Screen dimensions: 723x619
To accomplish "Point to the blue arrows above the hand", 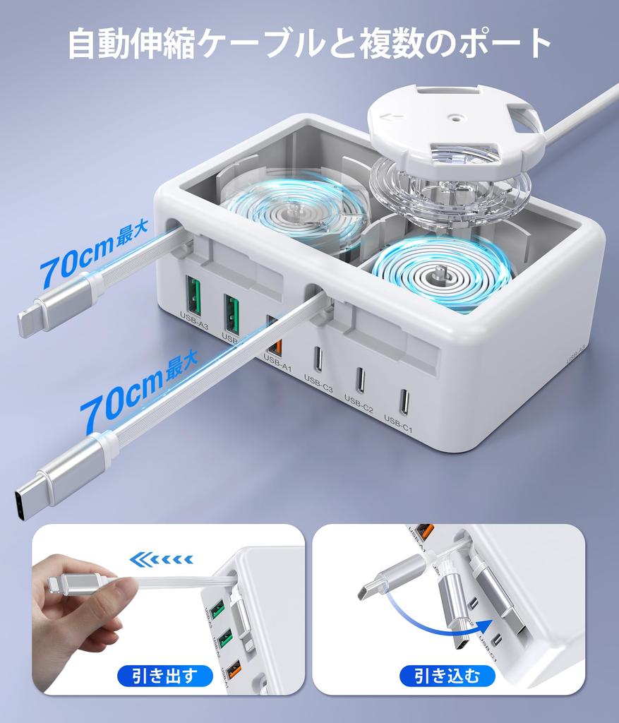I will (162, 560).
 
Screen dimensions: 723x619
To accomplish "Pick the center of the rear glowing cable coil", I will (296, 210).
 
